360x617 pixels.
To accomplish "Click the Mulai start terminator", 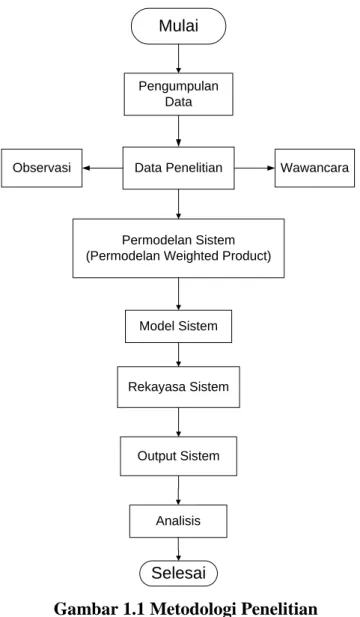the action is click(178, 26).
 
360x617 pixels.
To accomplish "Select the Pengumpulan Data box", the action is click(178, 94).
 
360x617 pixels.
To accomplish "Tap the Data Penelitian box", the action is click(178, 168).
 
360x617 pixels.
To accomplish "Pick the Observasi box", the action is click(42, 168).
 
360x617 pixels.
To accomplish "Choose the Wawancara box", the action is click(314, 168).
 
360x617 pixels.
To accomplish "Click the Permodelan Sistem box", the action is click(178, 248).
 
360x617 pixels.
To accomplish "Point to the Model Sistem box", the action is click(178, 326).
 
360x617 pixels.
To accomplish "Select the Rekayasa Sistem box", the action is click(178, 387).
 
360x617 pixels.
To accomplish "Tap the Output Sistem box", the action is click(178, 456).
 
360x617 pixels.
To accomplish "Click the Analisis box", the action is click(178, 521).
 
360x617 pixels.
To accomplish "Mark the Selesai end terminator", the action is click(178, 573).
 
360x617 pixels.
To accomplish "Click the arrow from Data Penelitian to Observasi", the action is click(103, 168).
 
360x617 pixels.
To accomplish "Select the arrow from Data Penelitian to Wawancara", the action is click(255, 168).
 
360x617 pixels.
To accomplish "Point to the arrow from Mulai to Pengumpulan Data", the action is click(179, 59).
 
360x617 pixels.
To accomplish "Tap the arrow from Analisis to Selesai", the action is click(178, 549).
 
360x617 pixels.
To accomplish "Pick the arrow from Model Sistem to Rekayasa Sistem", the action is click(179, 355).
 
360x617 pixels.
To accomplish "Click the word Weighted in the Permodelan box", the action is click(192, 256).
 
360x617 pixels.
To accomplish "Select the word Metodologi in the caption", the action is click(193, 608).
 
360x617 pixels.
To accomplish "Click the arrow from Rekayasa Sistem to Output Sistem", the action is click(179, 422).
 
